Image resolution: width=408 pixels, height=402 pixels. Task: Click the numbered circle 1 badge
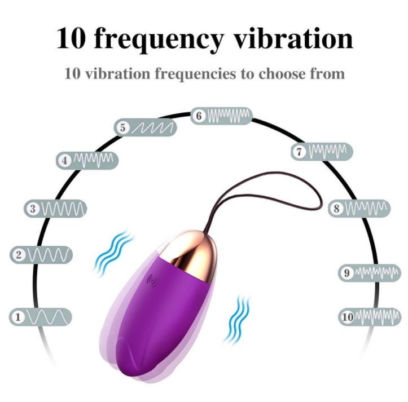[18, 317]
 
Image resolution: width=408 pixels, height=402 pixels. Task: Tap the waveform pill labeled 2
[41, 255]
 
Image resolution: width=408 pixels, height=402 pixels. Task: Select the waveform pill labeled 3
[55, 209]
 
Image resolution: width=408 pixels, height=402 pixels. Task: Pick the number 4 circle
[64, 161]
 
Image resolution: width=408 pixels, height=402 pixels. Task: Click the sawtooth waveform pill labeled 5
[145, 127]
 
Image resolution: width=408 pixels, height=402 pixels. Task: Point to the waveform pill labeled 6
[221, 116]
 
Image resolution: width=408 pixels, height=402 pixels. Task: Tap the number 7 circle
[299, 152]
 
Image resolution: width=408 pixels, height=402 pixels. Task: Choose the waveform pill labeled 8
[359, 208]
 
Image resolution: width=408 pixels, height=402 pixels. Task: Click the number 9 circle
[346, 273]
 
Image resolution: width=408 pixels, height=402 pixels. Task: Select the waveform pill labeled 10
[370, 317]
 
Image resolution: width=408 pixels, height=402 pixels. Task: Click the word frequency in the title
[159, 39]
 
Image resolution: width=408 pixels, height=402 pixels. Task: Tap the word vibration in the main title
[294, 38]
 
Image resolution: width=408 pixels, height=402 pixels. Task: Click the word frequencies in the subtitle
[196, 74]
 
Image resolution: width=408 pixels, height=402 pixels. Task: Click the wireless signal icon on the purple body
[152, 280]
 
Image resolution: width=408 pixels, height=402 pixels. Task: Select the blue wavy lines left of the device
[113, 251]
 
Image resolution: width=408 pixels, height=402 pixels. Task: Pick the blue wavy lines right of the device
[238, 319]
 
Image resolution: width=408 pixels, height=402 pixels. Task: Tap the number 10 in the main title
[71, 38]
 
